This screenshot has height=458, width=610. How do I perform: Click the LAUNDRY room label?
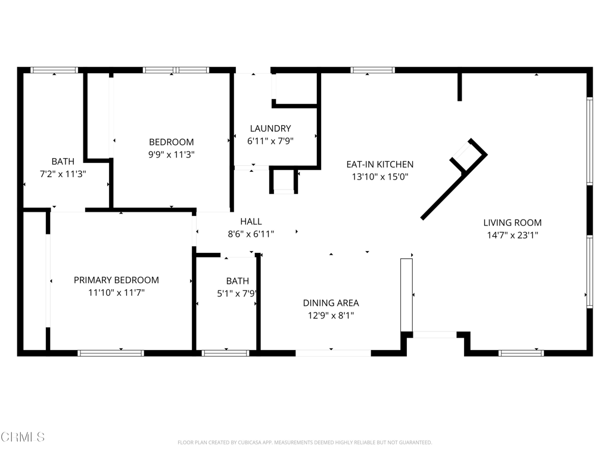[270, 128]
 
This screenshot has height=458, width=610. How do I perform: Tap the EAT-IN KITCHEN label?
[380, 165]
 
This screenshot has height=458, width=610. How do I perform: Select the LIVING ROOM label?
[512, 223]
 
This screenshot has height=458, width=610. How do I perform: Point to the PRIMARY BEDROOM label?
[116, 280]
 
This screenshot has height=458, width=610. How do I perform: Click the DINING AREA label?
[331, 303]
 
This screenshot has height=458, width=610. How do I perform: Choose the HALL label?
[251, 222]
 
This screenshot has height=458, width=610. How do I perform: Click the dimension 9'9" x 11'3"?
[172, 154]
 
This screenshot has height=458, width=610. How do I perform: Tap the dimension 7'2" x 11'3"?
[63, 174]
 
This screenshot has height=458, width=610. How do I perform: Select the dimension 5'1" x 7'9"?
[238, 293]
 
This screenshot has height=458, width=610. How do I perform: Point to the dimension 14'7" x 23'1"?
[512, 236]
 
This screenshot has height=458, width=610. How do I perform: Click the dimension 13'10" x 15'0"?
[380, 177]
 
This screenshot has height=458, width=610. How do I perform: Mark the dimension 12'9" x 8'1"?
[331, 316]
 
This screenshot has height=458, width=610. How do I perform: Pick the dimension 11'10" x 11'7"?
[116, 293]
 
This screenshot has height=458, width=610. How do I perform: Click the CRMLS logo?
[23, 437]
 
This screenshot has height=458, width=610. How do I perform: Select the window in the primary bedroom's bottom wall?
[111, 353]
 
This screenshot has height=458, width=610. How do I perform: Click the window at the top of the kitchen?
[373, 70]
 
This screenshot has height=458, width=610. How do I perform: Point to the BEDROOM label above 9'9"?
[172, 142]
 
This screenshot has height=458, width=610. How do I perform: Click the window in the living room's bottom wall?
[521, 353]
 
